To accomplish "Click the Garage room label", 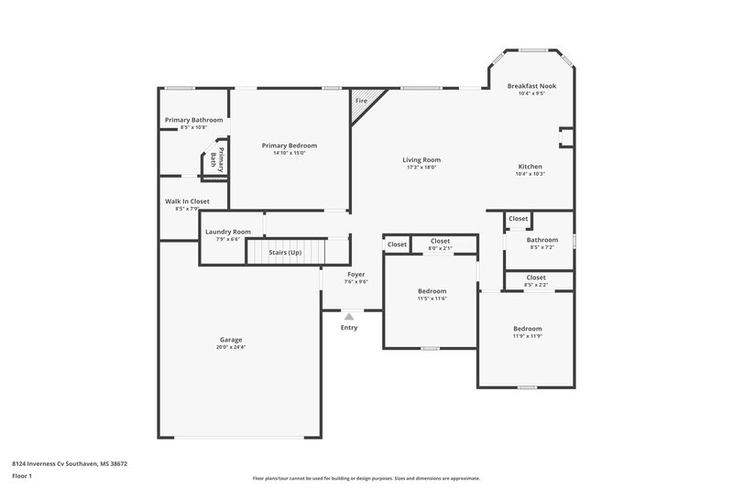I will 231,340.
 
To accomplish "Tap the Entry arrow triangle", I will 349,317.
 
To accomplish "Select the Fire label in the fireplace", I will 361,100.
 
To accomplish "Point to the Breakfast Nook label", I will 531,86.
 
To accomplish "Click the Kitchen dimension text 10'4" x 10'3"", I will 531,174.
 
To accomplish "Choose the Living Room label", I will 421,160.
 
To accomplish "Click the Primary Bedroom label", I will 289,146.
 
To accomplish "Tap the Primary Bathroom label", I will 193,120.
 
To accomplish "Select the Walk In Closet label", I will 187,201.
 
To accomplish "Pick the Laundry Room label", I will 227,232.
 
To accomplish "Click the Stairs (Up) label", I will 283,252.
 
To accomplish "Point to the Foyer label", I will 356,274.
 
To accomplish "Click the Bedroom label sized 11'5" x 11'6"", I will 432,291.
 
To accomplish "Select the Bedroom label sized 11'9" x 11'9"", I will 527,329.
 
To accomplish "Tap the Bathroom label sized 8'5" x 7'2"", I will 542,240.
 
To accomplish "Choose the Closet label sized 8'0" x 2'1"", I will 440,241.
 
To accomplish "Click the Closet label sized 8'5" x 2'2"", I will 536,277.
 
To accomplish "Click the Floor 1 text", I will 22,477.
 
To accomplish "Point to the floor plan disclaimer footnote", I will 366,478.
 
